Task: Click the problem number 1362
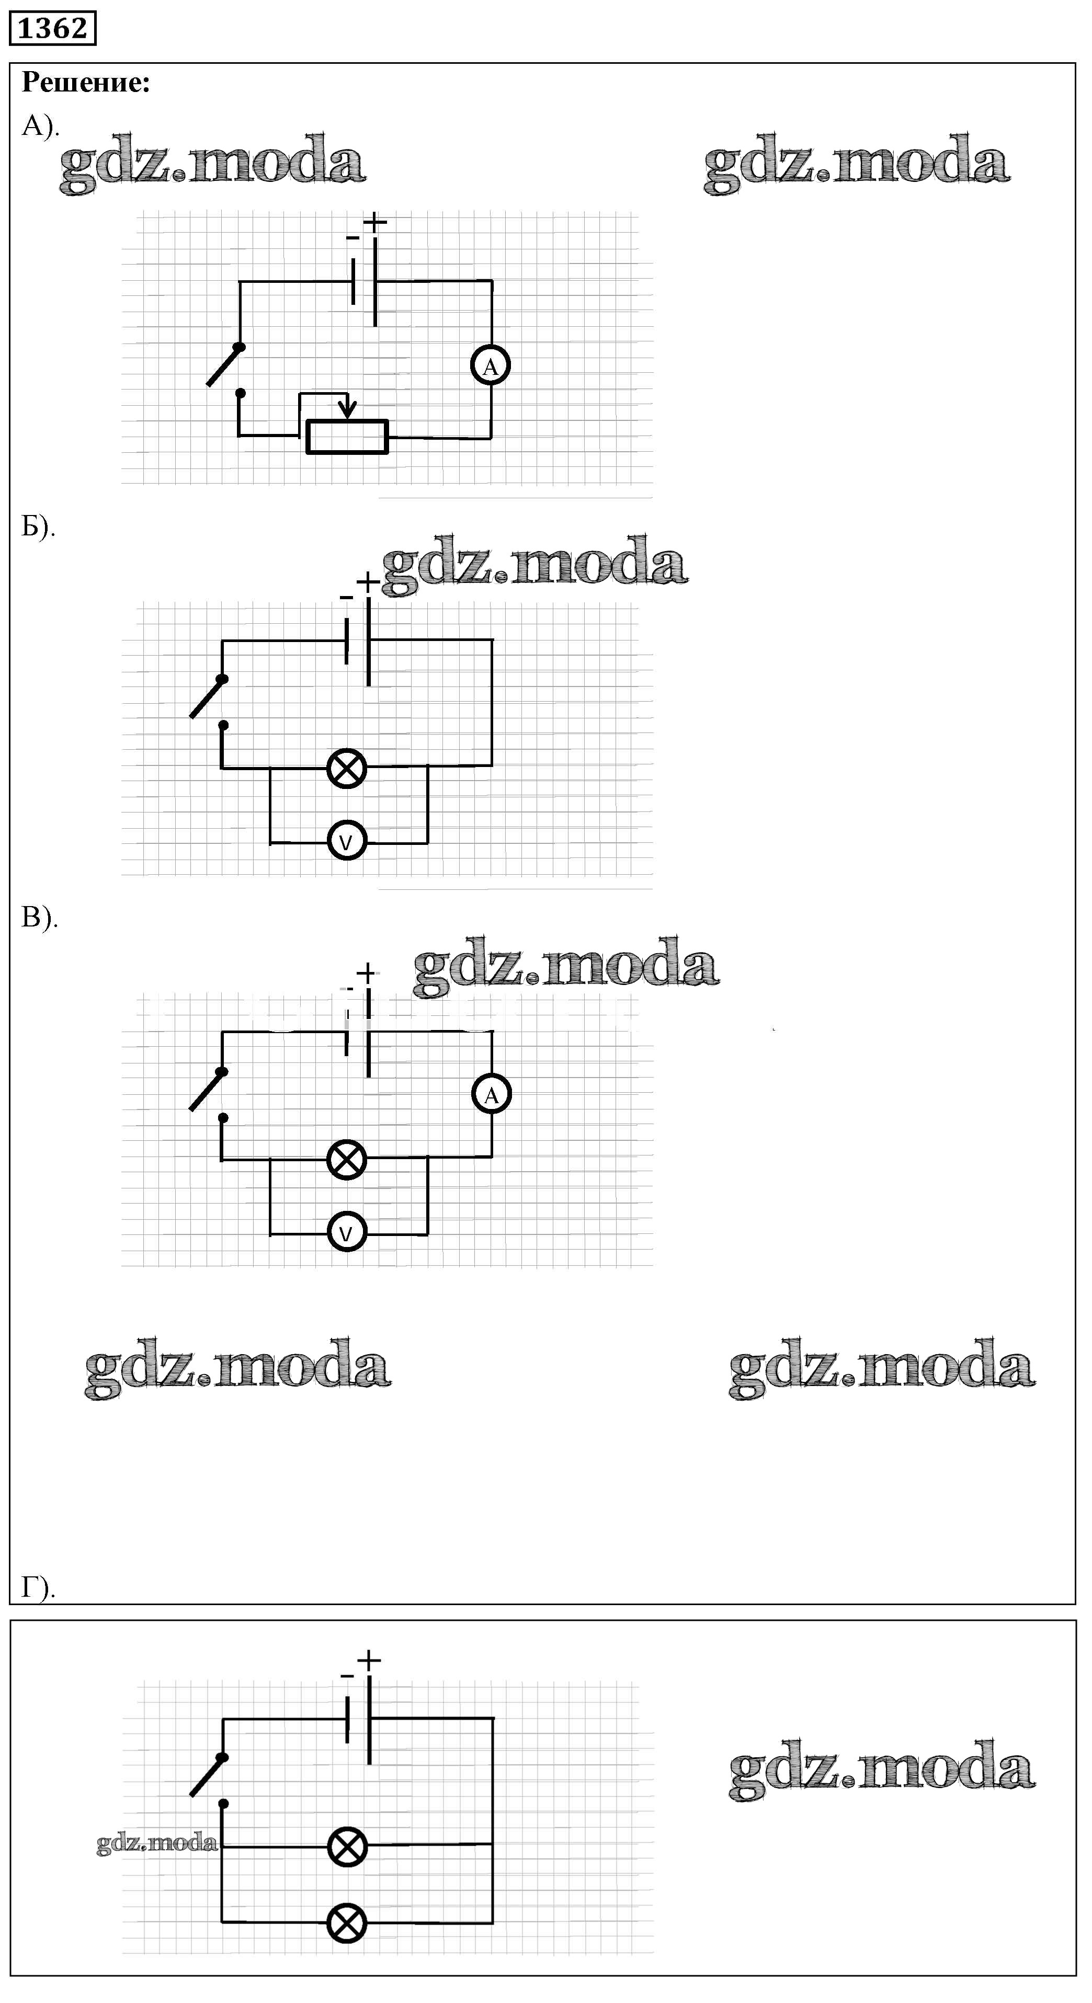(52, 28)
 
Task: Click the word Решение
(86, 83)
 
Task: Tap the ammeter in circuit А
(491, 365)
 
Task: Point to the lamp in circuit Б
(347, 768)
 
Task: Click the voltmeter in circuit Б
(347, 841)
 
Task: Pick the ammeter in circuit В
(492, 1095)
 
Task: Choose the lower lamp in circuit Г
(347, 1924)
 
